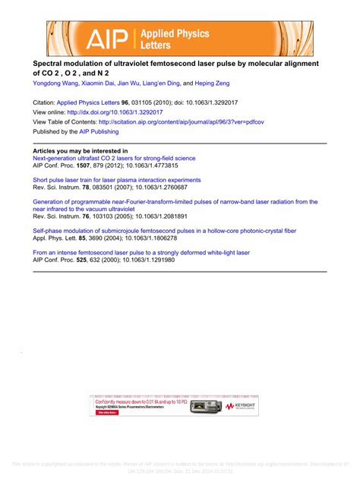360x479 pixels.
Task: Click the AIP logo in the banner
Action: [106, 39]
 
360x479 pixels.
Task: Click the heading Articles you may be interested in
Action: [80, 151]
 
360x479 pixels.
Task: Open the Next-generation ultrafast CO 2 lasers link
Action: [114, 159]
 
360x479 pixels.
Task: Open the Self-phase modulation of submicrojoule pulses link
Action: [159, 230]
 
